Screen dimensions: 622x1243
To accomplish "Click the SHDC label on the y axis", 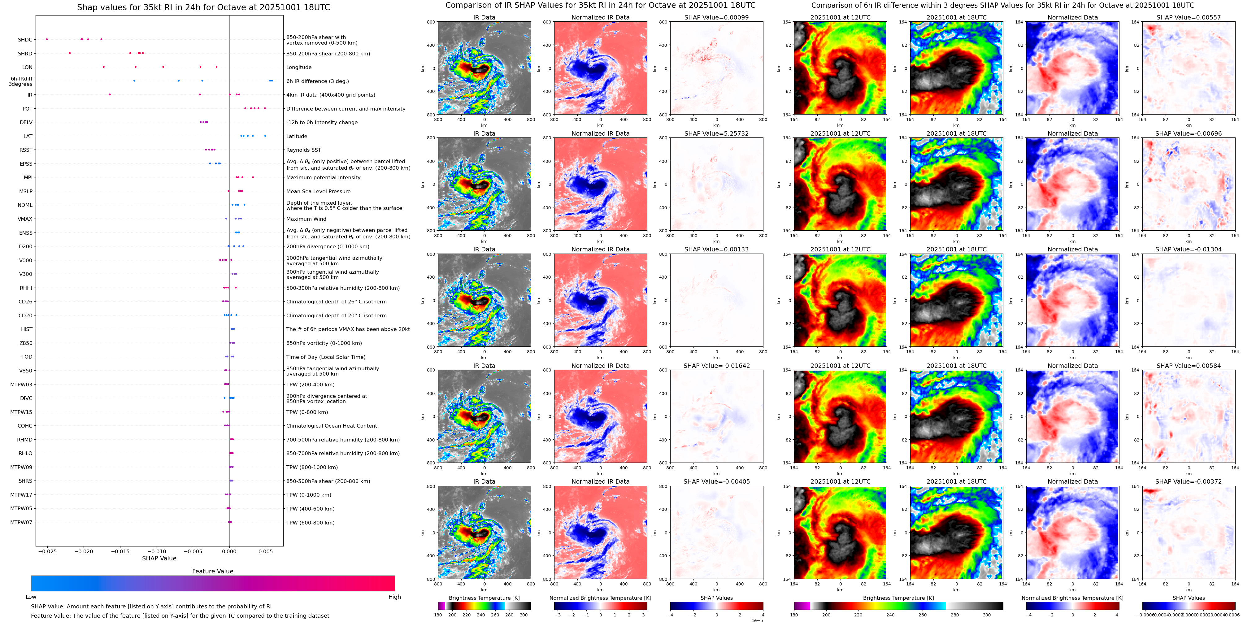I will [x=25, y=40].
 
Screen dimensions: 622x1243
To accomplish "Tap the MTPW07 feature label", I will [x=21, y=522].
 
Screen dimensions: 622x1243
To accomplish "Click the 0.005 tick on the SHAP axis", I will [x=265, y=551].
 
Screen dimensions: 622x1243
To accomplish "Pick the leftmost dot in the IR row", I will [x=110, y=94].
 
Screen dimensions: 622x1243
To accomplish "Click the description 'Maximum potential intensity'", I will [x=323, y=178].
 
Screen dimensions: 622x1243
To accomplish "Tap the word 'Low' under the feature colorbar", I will [x=31, y=597].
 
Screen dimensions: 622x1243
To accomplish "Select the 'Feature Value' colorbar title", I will [x=212, y=571].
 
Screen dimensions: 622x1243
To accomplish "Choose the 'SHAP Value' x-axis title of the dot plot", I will [x=159, y=558].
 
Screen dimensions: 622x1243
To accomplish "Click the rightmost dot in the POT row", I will [x=265, y=109].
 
